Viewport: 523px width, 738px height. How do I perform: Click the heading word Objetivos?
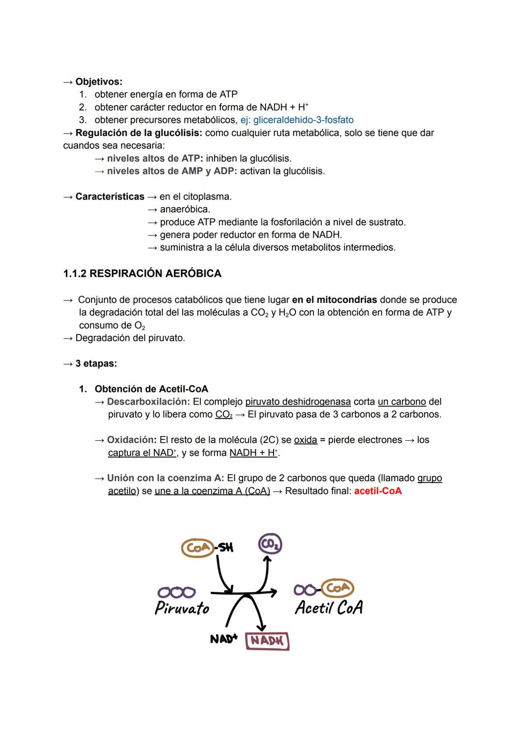(x=98, y=82)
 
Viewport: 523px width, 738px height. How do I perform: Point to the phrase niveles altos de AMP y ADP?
(x=172, y=171)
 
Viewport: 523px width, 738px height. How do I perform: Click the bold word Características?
(x=109, y=196)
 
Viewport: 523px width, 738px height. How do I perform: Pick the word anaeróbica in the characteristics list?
(x=185, y=209)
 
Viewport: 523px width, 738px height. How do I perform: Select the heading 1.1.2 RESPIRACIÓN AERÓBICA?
(x=142, y=273)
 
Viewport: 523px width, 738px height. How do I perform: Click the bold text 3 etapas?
(x=96, y=363)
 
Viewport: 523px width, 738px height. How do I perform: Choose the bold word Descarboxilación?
(x=148, y=402)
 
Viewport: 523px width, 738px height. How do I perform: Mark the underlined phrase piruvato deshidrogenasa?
(x=298, y=402)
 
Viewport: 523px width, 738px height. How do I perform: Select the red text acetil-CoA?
(x=378, y=491)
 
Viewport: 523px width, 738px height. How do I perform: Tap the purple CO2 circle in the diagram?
(x=270, y=544)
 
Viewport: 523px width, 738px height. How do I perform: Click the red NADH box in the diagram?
(x=267, y=641)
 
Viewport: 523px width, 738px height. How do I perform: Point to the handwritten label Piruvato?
(x=182, y=608)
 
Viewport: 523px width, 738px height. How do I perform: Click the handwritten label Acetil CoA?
(x=329, y=607)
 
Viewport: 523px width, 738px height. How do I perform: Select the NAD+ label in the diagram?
(x=223, y=639)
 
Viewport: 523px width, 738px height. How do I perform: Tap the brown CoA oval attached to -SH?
(x=198, y=548)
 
